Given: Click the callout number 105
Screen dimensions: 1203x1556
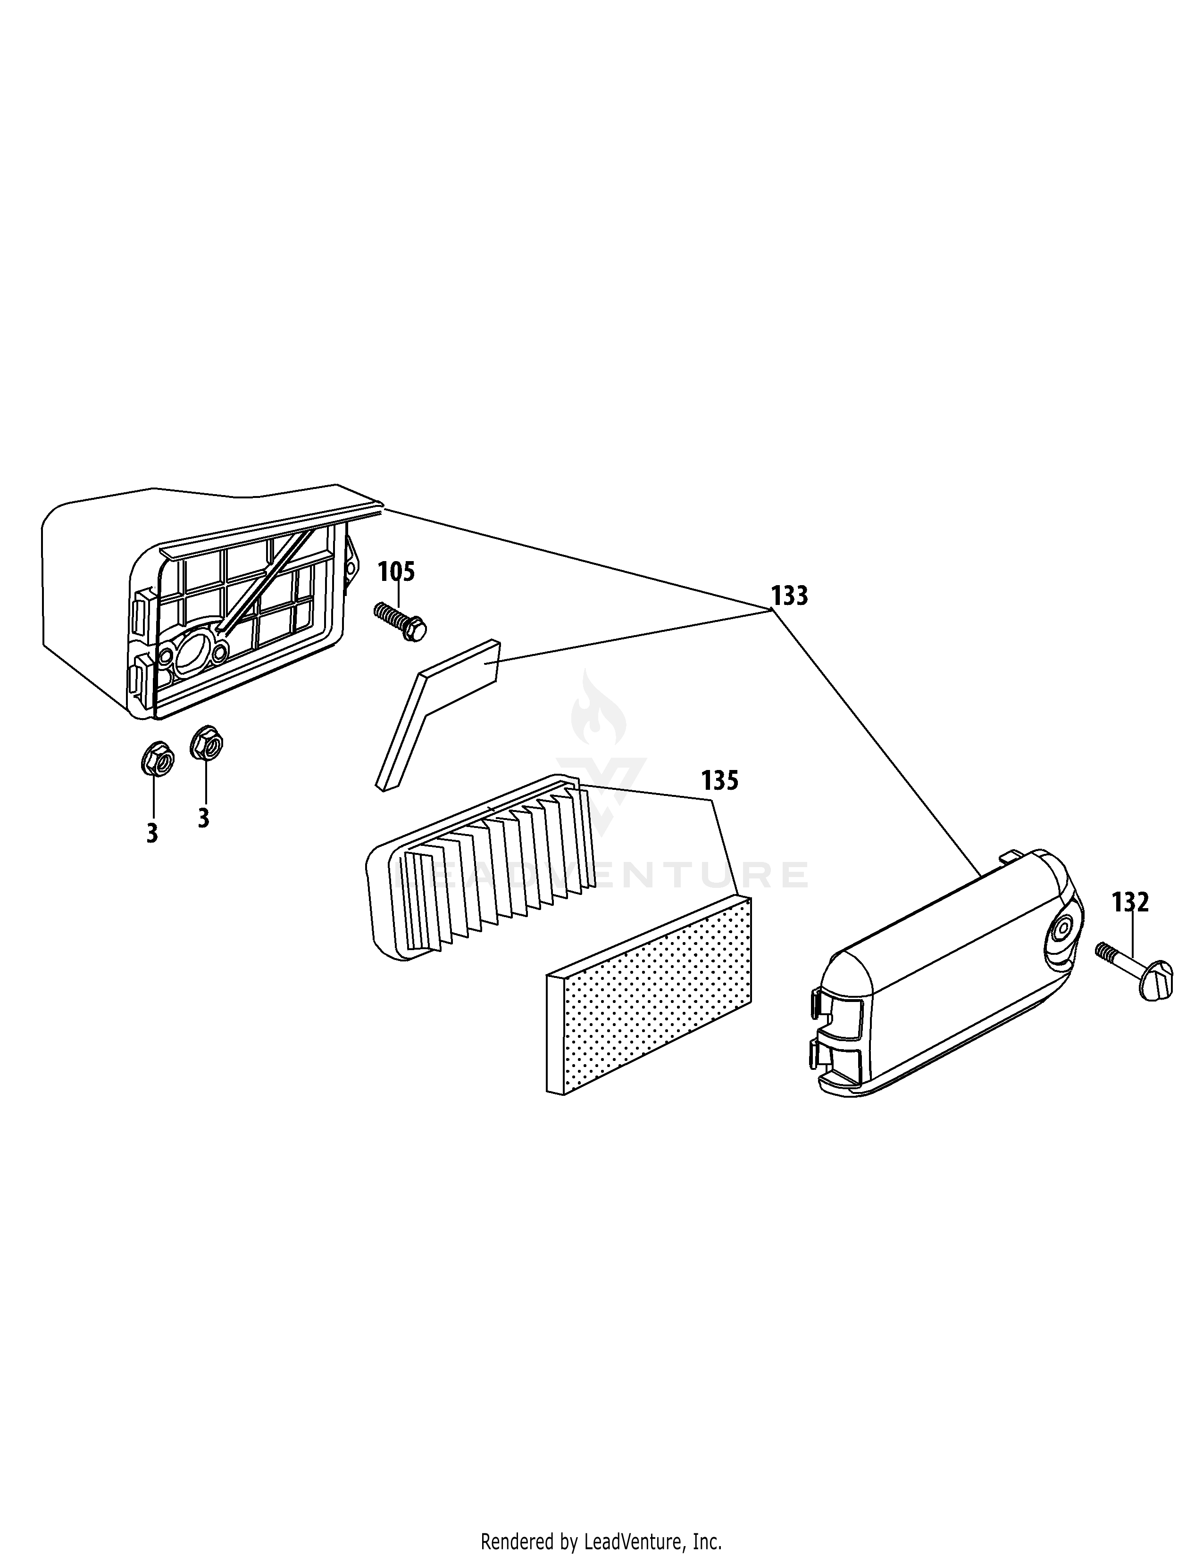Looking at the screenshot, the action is point(396,571).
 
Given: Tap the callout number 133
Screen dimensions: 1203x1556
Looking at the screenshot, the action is point(790,596).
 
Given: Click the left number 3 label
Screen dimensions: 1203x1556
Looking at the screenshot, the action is point(152,834).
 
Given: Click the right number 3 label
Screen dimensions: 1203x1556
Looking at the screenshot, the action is point(204,818).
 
